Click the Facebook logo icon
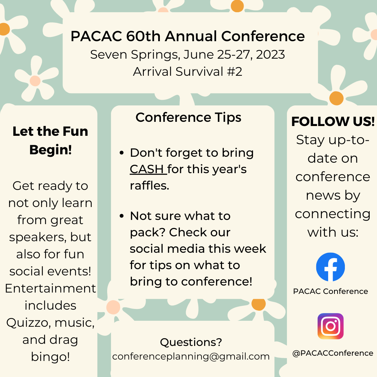330,267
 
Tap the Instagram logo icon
330,326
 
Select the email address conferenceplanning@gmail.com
191,356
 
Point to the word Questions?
191,342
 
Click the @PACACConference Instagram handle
333,353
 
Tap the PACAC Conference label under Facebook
330,291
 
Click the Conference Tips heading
188,118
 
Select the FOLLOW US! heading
333,121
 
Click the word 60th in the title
143,36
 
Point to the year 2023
270,54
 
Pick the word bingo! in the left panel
50,357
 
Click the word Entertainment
50,288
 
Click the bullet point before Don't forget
122,153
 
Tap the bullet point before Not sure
122,216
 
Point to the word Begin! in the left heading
51,150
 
